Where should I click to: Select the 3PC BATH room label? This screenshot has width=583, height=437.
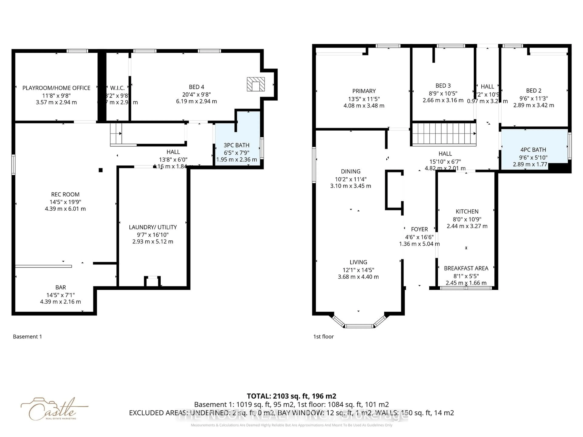click(x=236, y=145)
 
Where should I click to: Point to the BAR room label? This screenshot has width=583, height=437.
click(x=61, y=287)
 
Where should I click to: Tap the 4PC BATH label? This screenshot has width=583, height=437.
click(x=533, y=150)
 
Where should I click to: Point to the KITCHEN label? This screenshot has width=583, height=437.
click(x=467, y=212)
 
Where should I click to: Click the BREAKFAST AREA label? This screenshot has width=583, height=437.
click(x=466, y=268)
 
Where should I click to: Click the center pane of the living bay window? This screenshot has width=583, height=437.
click(x=359, y=326)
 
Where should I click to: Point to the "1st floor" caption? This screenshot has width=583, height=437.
click(x=323, y=337)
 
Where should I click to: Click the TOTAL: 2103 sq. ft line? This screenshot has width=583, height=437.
click(x=291, y=396)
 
